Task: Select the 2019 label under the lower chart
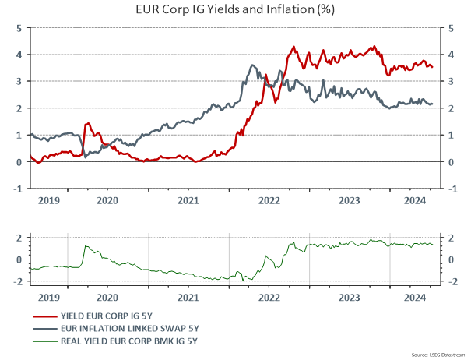[x=47, y=297]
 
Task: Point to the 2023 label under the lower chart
[x=350, y=297]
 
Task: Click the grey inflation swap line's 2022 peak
[x=254, y=65]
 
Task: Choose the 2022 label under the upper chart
[x=269, y=199]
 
